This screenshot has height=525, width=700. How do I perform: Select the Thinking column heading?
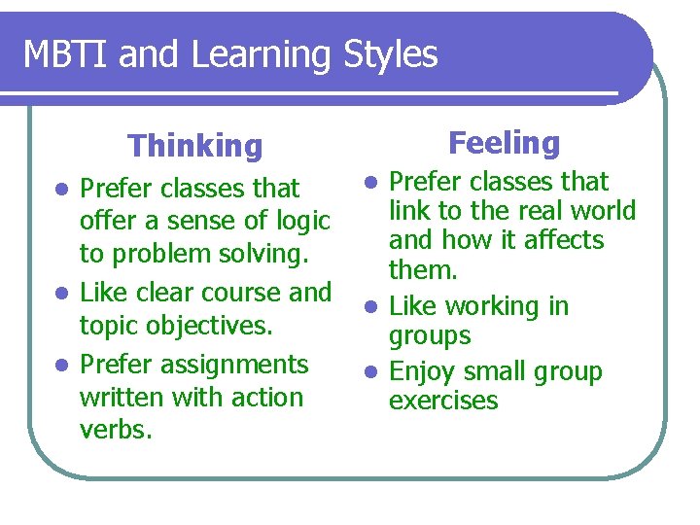click(195, 146)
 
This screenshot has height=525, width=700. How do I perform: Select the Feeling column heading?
click(505, 143)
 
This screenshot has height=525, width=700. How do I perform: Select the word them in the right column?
click(423, 268)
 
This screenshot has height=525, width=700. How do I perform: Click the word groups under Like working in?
click(430, 336)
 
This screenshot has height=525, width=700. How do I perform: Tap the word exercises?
click(443, 401)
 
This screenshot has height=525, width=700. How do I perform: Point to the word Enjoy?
click(419, 372)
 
